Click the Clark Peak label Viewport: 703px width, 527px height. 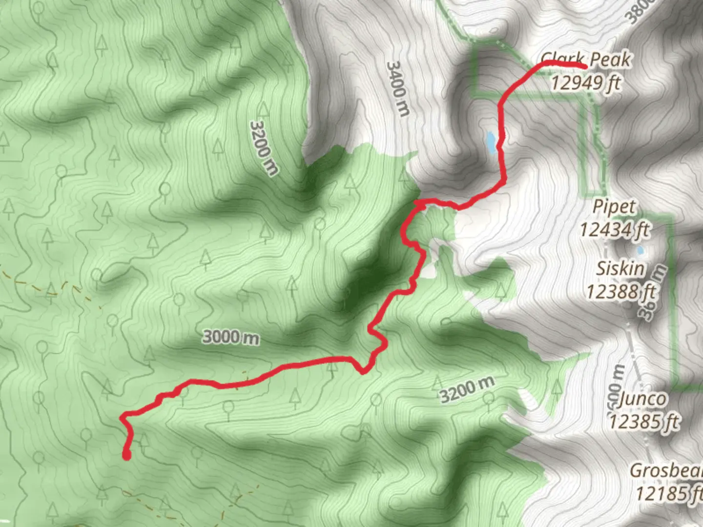tap(586, 60)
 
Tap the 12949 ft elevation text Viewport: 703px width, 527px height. tap(586, 82)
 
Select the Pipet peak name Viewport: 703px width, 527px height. tap(614, 206)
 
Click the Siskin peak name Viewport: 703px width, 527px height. tap(620, 269)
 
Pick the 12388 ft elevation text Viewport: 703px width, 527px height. tap(620, 292)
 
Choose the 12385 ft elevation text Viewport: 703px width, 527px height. tap(644, 421)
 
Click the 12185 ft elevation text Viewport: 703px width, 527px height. tap(668, 493)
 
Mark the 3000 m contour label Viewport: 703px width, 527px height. tap(231, 337)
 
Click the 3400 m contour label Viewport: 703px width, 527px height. tap(398, 88)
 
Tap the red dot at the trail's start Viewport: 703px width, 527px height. tap(126, 456)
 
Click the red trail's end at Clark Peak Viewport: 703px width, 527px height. tap(583, 66)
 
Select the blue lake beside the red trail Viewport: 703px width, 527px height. tap(491, 142)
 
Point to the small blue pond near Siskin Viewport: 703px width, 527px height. tap(640, 251)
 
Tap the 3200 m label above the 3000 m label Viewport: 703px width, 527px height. tap(264, 148)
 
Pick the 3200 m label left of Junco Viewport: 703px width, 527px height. tap(467, 389)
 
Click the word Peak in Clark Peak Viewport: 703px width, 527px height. tap(610, 60)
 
